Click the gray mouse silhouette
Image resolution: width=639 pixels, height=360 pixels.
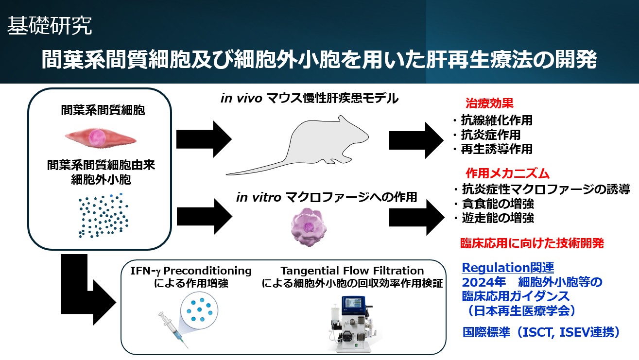pyautogui.click(x=296, y=146)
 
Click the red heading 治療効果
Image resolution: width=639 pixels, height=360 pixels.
pyautogui.click(x=489, y=103)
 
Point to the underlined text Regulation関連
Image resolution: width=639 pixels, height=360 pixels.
pyautogui.click(x=508, y=267)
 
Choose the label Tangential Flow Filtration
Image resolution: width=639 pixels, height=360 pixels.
pyautogui.click(x=352, y=271)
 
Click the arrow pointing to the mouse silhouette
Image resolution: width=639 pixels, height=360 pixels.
pyautogui.click(x=203, y=138)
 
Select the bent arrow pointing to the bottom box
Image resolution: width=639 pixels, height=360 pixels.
pyautogui.click(x=87, y=291)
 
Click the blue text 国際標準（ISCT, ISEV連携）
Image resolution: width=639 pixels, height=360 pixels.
pyautogui.click(x=542, y=333)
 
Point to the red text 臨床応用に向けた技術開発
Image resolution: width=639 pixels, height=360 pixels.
pyautogui.click(x=532, y=243)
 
